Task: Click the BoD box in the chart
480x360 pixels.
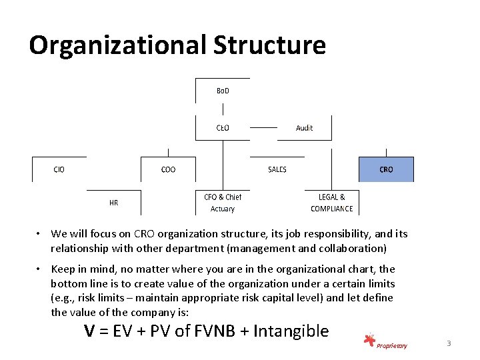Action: pos(223,91)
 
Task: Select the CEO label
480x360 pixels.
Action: pos(223,127)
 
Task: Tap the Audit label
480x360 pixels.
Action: pos(304,127)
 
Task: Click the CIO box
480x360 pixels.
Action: pos(59,169)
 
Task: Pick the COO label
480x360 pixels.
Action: pos(169,169)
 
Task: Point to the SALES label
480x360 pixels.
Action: pos(277,169)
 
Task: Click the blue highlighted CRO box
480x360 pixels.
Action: pos(386,169)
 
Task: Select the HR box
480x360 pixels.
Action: pos(114,202)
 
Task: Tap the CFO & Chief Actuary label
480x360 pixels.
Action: pos(223,203)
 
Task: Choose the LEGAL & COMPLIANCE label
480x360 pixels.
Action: pos(331,203)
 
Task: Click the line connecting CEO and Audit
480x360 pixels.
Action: pos(263,127)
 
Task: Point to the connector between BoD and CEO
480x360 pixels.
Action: pos(223,109)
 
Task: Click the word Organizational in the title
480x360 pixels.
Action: pos(117,45)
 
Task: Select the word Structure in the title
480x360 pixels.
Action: pos(269,45)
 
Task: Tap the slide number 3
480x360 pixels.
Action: pos(449,343)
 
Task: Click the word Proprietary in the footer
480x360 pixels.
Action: pos(391,345)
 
